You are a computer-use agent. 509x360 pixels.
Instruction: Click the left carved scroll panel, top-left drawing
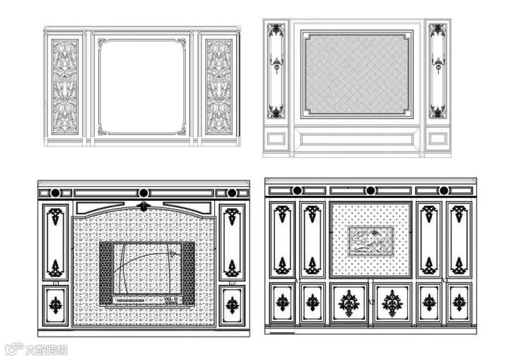[x=64, y=86]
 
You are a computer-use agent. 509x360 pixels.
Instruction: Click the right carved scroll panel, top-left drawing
[x=218, y=86]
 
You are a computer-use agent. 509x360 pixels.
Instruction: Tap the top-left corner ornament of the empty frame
[x=103, y=45]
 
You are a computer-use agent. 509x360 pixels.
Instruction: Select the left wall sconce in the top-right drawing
[x=276, y=68]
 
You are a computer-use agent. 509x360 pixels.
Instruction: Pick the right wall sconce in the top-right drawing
[x=438, y=68]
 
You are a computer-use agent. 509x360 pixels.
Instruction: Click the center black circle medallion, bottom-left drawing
[x=144, y=192]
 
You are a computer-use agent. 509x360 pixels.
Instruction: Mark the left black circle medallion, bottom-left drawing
[x=57, y=192]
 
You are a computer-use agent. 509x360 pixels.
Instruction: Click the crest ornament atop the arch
[x=144, y=206]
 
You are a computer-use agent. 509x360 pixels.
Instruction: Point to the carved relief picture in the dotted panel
[x=371, y=240]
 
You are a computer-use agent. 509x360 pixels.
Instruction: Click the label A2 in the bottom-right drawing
[x=370, y=302]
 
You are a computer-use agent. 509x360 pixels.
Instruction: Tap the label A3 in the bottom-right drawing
[x=445, y=281]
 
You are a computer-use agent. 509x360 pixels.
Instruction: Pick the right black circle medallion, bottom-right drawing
[x=444, y=190]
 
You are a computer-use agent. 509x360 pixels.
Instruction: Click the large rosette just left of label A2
[x=349, y=303]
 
